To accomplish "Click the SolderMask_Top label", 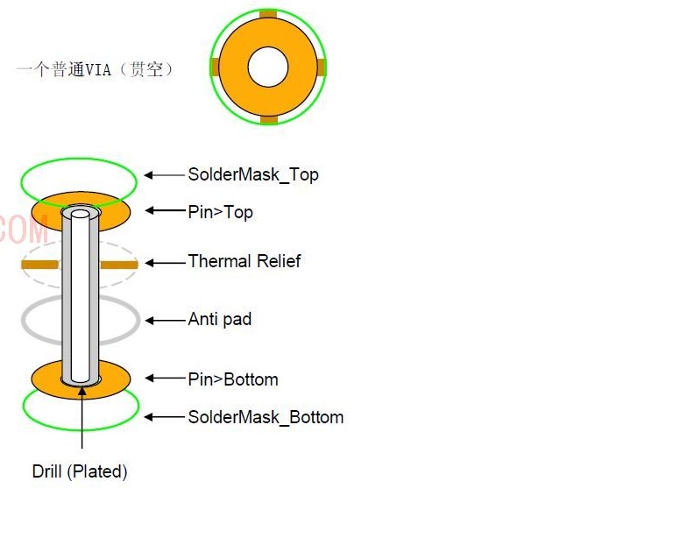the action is click(253, 175).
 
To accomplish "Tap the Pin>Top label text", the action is click(220, 212).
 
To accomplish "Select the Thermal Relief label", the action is click(244, 261).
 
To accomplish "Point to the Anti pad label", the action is click(220, 319).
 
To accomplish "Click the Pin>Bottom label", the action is click(233, 379).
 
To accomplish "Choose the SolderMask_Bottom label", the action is click(266, 417).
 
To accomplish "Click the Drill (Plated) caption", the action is click(80, 471).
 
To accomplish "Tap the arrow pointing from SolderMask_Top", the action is click(165, 175).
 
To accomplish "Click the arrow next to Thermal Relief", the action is click(165, 263).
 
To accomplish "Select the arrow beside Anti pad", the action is click(165, 321).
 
